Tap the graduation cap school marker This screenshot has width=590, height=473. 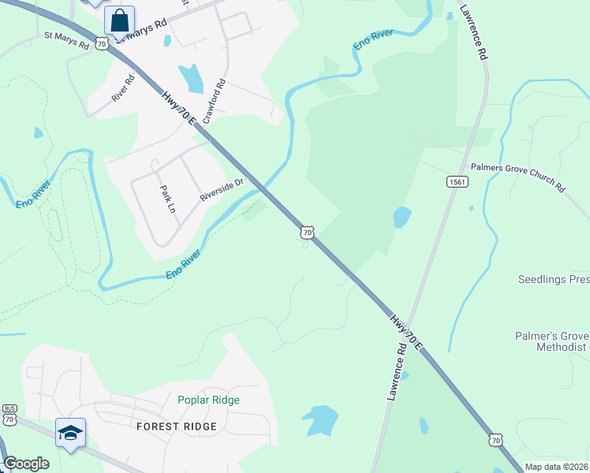pyautogui.click(x=70, y=433)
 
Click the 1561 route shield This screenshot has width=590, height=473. pyautogui.click(x=455, y=182)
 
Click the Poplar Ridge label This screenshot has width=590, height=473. pyautogui.click(x=208, y=400)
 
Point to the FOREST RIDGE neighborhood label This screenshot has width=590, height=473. pyautogui.click(x=177, y=426)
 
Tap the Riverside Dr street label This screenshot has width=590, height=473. pyautogui.click(x=223, y=189)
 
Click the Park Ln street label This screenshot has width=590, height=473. pyautogui.click(x=166, y=199)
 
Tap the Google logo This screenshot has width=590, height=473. pyautogui.click(x=26, y=464)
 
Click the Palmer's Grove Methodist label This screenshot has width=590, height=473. pyautogui.click(x=552, y=341)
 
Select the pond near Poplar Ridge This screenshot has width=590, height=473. pyautogui.click(x=320, y=419)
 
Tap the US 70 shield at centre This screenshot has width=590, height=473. pyautogui.click(x=307, y=232)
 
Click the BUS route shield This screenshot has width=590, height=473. pyautogui.click(x=9, y=410)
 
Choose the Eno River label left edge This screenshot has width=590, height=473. pyautogui.click(x=33, y=194)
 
